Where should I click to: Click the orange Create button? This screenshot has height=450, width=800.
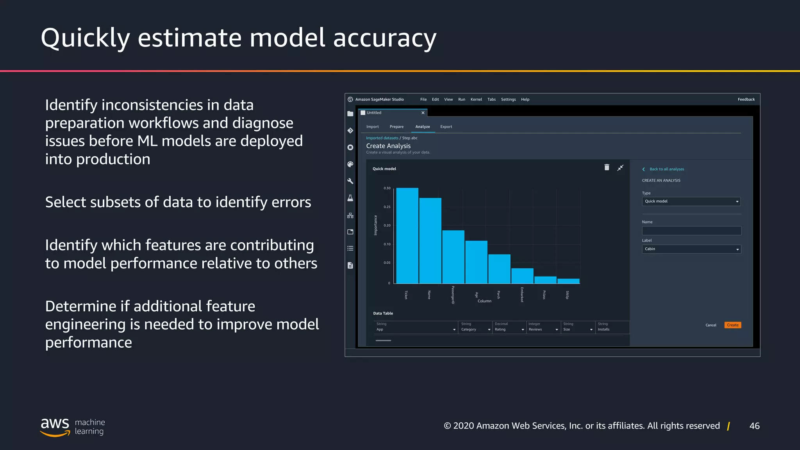732,325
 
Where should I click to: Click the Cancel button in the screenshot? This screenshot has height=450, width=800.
711,325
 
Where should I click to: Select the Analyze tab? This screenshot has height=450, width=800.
422,127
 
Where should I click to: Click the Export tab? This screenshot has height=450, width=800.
446,127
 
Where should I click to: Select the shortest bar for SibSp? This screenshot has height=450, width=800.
568,281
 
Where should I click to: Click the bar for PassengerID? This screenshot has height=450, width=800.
453,257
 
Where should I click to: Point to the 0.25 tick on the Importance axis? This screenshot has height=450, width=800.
387,207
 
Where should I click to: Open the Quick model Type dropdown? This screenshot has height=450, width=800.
691,201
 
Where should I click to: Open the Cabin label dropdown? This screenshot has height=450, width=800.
691,249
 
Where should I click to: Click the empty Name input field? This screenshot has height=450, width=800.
691,230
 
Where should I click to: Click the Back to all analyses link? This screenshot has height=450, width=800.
666,169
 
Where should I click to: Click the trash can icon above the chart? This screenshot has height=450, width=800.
607,167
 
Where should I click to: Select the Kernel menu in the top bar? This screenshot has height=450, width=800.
476,99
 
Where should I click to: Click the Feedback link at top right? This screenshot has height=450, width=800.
746,99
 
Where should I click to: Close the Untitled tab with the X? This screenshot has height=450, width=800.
423,113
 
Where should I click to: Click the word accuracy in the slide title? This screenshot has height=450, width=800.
384,38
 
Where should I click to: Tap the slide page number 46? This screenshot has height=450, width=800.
754,426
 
